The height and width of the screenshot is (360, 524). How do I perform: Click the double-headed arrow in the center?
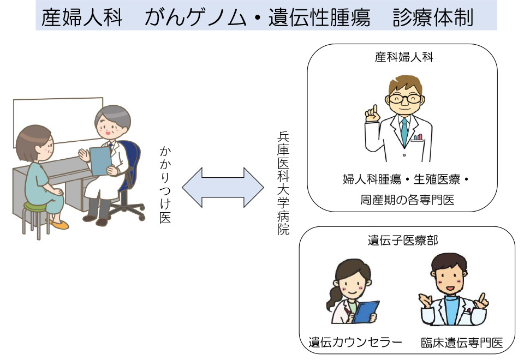pyautogui.click(x=223, y=187)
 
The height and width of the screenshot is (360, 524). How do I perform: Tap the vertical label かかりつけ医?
pyautogui.click(x=165, y=185)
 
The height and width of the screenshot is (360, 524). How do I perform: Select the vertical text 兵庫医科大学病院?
pyautogui.click(x=283, y=183)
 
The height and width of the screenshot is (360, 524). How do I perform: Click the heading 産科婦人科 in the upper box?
pyautogui.click(x=404, y=57)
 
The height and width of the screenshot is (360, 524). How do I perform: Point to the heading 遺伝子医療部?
pyautogui.click(x=403, y=240)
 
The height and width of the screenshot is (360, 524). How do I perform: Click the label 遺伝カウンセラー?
pyautogui.click(x=355, y=343)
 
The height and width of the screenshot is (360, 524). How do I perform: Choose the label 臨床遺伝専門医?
pyautogui.click(x=462, y=343)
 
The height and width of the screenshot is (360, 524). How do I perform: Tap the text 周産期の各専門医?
pyautogui.click(x=407, y=200)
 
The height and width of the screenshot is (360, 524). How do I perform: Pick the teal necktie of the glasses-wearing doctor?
pyautogui.click(x=404, y=131)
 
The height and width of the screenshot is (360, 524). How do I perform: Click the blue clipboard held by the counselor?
pyautogui.click(x=366, y=312)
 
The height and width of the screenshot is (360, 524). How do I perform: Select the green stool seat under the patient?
pyautogui.click(x=35, y=207)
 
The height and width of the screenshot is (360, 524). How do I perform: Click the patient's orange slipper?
pyautogui.click(x=61, y=225)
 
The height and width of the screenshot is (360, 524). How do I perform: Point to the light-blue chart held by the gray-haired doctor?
pyautogui.click(x=100, y=160)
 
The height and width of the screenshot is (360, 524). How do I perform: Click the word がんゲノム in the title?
pyautogui.click(x=195, y=17)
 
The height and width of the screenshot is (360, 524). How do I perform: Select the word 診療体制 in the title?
pyautogui.click(x=433, y=17)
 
